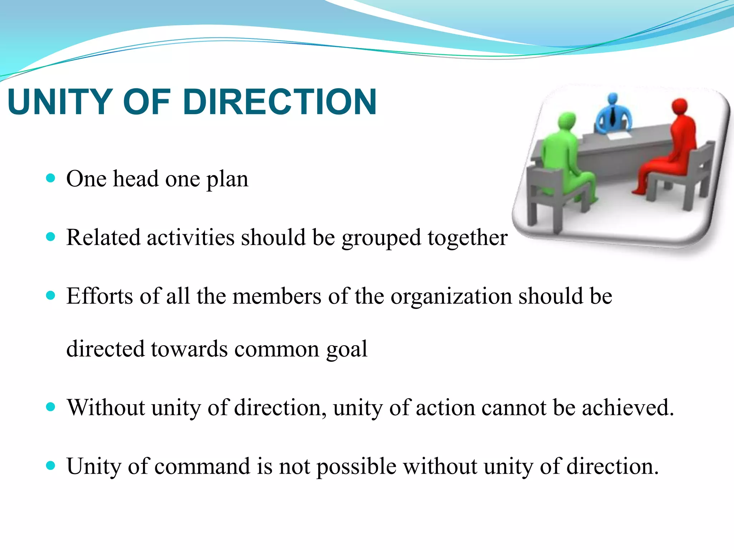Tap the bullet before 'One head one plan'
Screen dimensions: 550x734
[x=51, y=178]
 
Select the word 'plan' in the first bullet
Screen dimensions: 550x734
[x=227, y=179]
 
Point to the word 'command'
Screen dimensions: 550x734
[x=202, y=466]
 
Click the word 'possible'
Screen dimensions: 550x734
[x=356, y=467]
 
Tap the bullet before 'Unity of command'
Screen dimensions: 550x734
[x=51, y=465]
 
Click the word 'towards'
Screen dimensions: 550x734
[x=189, y=349]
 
